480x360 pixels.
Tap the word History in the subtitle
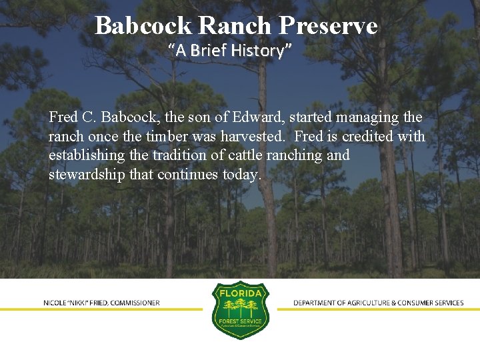[x=261, y=50]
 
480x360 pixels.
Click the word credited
[x=367, y=137]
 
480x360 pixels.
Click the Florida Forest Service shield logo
[x=240, y=309]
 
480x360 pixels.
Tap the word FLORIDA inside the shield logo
[x=240, y=293]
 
